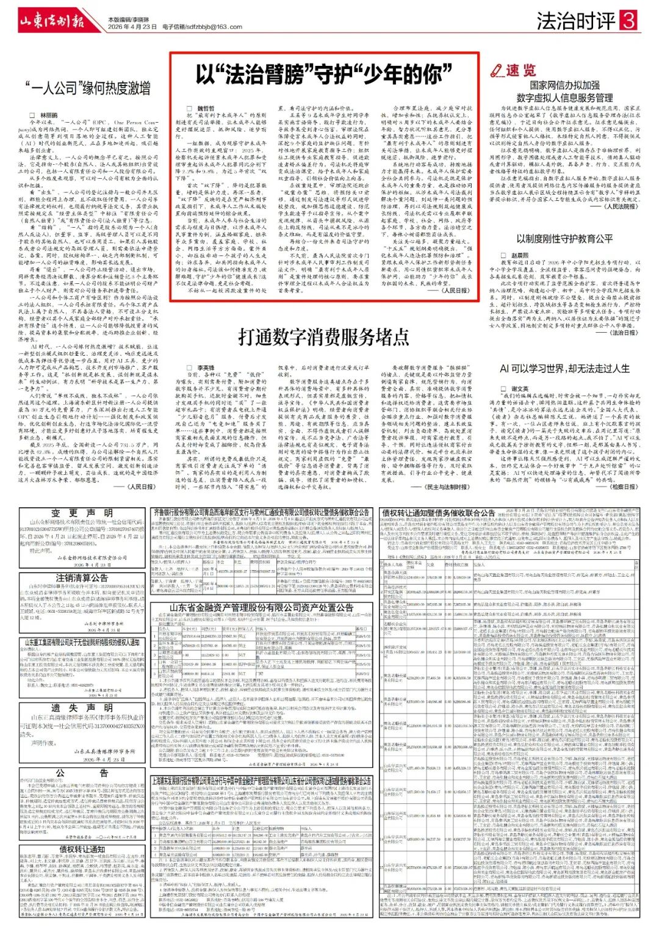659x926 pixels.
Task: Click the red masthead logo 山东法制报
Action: (52, 21)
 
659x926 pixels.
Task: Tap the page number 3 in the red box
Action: (628, 21)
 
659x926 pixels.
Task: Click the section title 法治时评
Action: (576, 21)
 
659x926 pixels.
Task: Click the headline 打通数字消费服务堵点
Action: (323, 336)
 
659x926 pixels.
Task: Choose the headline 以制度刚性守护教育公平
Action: (564, 238)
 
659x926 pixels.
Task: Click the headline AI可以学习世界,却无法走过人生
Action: (564, 369)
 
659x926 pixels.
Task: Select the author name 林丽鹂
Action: (49, 115)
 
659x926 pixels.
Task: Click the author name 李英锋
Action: (205, 368)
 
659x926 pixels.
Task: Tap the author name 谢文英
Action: (520, 389)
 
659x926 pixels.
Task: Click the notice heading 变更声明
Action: (82, 513)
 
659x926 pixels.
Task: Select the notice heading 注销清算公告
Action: (82, 577)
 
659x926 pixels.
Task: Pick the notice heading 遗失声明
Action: (82, 707)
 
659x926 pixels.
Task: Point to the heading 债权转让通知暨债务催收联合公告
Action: (438, 513)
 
